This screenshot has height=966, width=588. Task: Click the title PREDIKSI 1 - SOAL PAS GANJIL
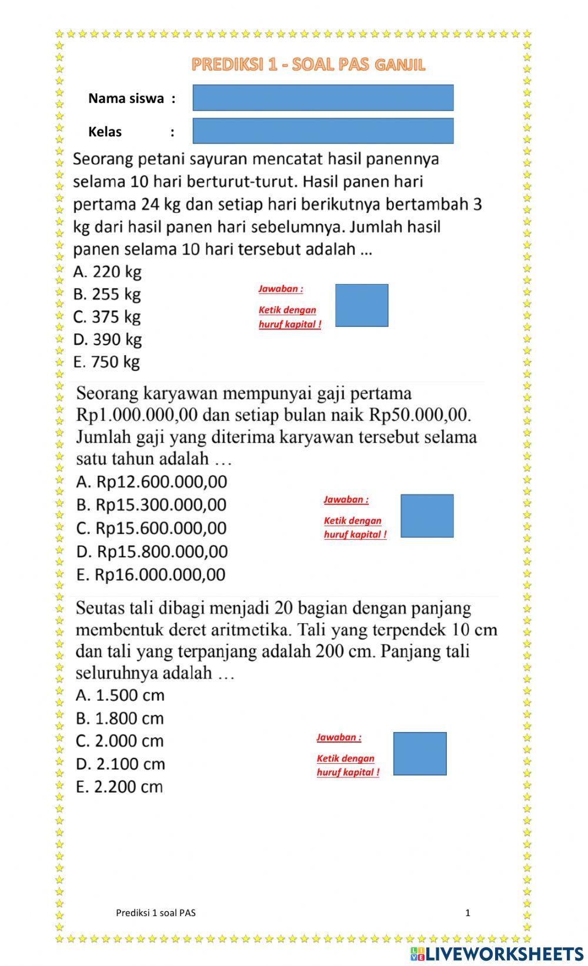[x=308, y=65]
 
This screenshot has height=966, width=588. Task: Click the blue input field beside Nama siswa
[x=323, y=98]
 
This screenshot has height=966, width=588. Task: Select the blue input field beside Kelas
[x=323, y=131]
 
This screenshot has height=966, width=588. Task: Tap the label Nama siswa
[x=126, y=98]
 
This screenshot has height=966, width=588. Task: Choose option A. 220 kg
[x=107, y=272]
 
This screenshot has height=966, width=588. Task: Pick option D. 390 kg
[x=107, y=339]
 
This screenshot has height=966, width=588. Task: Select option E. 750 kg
[x=106, y=362]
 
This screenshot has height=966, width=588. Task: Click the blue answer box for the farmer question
[x=362, y=305]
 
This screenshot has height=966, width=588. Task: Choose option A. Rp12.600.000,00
[x=151, y=482]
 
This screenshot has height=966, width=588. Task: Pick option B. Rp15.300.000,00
[x=151, y=504]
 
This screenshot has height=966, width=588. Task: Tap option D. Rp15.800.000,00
[x=152, y=551]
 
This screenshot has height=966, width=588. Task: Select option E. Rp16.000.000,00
[x=151, y=574]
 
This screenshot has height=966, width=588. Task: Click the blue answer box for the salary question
[x=427, y=516]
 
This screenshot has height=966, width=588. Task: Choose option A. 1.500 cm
[x=120, y=695]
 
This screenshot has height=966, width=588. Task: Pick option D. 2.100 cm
[x=120, y=764]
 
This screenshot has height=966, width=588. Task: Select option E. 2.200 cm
[x=119, y=787]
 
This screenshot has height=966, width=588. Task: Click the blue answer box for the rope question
[x=420, y=753]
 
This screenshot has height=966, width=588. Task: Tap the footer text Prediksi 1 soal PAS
[x=156, y=912]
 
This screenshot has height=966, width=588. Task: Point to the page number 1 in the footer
[x=467, y=912]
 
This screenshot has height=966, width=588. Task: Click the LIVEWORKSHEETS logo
[x=497, y=953]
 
